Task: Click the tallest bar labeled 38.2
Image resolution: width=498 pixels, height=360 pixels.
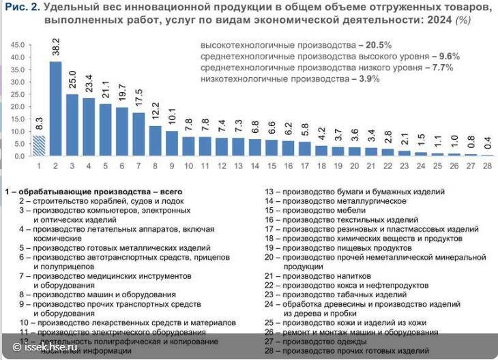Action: point(56,109)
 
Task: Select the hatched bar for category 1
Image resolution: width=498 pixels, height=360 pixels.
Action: point(39,146)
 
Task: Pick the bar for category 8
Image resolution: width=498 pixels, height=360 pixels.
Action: point(156,141)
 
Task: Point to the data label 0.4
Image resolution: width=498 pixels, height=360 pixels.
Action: point(486,143)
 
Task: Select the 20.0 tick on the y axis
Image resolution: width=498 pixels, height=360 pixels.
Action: point(17,106)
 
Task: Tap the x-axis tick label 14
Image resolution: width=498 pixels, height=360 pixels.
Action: point(255,166)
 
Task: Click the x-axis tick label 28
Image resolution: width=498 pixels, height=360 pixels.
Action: point(486,166)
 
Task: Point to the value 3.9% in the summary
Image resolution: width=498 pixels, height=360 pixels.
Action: point(366,79)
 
